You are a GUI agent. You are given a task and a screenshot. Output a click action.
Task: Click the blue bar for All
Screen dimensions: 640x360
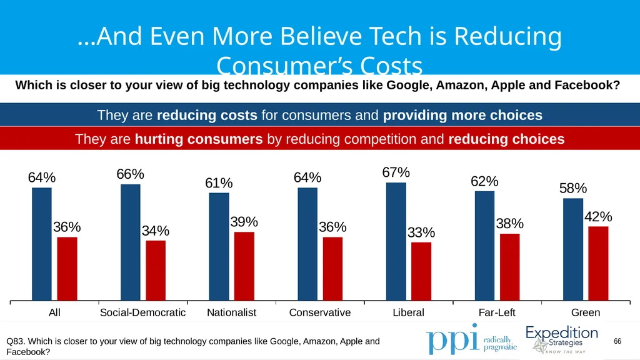point(42,244)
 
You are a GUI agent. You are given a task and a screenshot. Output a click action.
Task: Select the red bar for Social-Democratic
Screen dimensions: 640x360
point(156,271)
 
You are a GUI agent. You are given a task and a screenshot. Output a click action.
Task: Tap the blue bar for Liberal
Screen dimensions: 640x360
point(396,242)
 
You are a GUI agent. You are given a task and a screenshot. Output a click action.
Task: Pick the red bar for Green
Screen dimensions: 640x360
point(598,264)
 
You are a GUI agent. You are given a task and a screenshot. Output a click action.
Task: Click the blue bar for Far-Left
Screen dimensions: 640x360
point(484,246)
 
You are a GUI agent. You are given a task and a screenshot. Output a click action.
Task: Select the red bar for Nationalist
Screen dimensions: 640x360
point(244,266)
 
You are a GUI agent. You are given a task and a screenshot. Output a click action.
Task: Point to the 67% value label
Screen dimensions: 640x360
point(396,172)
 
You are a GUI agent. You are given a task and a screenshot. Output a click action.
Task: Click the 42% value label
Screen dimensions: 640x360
point(598,216)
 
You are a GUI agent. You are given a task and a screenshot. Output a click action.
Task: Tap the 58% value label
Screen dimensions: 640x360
point(573,188)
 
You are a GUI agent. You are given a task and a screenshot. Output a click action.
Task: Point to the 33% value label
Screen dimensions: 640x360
point(421,232)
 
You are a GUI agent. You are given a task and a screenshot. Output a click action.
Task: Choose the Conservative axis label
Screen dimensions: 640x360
point(320,312)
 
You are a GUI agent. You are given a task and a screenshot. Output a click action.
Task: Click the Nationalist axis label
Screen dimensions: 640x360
point(231,312)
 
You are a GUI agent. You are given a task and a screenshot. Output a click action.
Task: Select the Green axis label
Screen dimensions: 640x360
point(585,312)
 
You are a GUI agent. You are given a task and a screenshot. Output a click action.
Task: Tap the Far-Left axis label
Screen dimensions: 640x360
point(497,312)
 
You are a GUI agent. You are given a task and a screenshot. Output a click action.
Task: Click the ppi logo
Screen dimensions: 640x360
point(471,339)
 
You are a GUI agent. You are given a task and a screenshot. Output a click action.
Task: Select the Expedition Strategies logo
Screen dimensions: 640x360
point(562,339)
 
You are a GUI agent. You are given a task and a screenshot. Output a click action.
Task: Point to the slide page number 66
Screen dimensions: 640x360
point(617,341)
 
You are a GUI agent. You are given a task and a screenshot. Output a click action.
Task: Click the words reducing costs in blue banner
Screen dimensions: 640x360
point(207,115)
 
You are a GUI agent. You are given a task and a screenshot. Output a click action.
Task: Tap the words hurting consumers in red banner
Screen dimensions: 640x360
point(199,139)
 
